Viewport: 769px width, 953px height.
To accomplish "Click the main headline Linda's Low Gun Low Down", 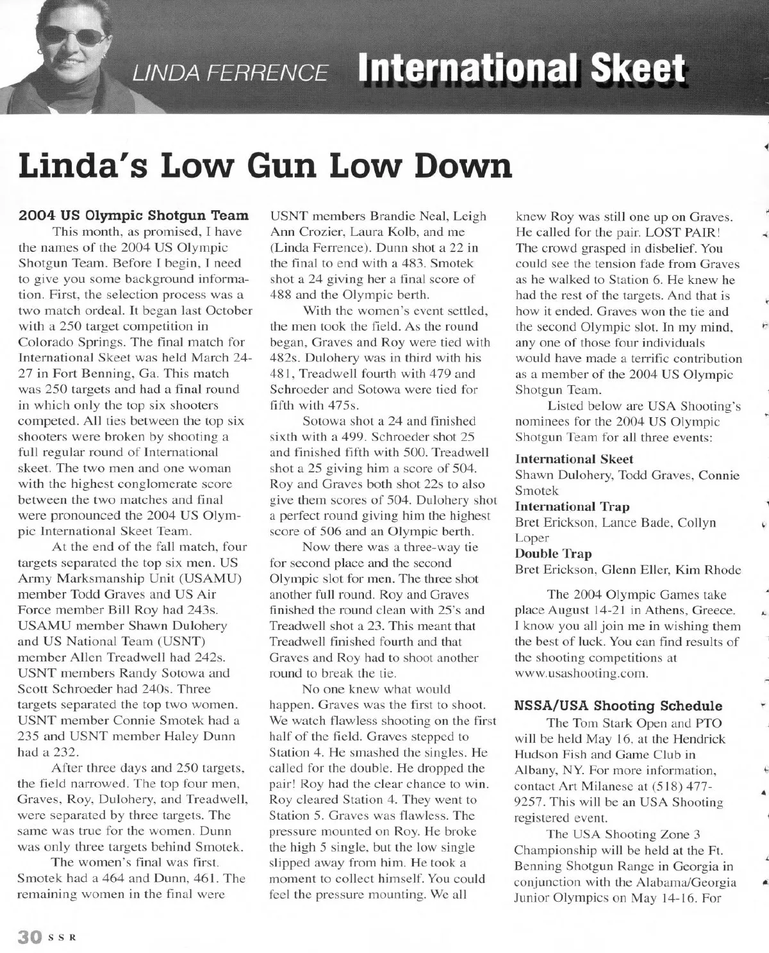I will pyautogui.click(x=266, y=166).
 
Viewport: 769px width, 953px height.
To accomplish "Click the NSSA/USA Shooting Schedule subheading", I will pyautogui.click(x=618, y=706).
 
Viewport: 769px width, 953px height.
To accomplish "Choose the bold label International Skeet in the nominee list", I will pyautogui.click(x=574, y=460).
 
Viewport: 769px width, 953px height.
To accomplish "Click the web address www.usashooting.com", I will pyautogui.click(x=582, y=674).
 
